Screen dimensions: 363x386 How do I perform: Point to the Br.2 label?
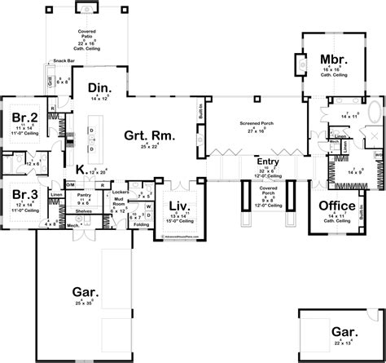pos(21,117)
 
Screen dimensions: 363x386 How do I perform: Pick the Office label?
pos(336,205)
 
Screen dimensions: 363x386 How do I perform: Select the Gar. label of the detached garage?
pos(341,331)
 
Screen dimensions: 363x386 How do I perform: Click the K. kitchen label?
pos(81,169)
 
